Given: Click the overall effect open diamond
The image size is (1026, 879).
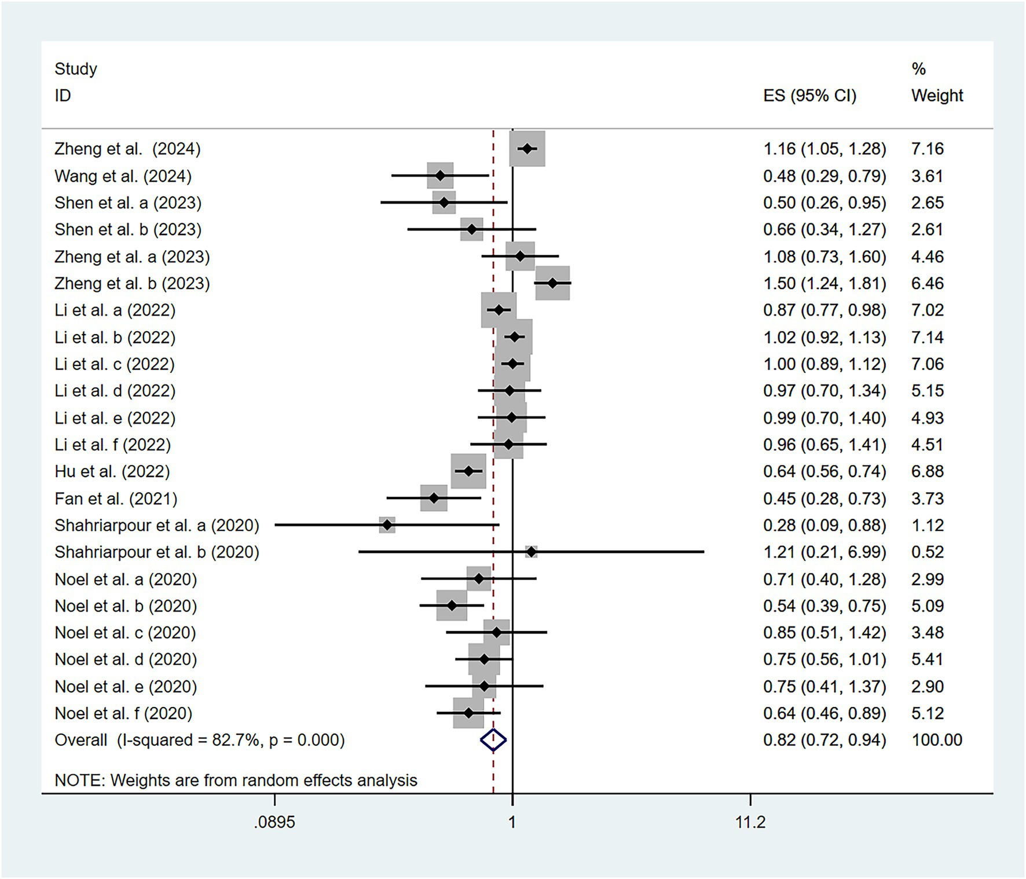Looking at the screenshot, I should pos(493,740).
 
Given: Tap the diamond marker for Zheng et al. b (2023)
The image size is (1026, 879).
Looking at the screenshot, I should pos(552,283).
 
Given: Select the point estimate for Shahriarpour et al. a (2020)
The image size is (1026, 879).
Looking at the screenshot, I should pos(387,525).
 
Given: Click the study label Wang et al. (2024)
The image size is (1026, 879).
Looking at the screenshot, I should pos(123,176).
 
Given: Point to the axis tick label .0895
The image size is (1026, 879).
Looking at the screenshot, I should pos(274,822).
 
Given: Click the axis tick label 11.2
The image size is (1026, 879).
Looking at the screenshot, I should pos(750,822).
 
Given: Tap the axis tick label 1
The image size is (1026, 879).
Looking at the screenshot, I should pos(512,822).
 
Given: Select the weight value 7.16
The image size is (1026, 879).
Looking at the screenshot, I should pos(927,149).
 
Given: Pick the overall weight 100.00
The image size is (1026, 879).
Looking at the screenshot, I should pos(936,740).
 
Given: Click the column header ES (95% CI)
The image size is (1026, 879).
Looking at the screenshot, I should pos(809,96).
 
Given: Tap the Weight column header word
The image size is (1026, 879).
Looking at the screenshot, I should pos(937,96).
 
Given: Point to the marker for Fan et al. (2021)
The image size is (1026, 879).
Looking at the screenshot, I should pos(434,499).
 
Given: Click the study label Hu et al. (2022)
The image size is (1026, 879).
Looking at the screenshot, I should pos(112,471).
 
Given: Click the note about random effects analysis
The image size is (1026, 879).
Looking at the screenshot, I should pos(236,780).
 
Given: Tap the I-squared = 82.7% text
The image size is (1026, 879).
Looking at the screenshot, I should pos(189,740).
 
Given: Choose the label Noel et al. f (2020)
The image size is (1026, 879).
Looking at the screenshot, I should pos(123,713).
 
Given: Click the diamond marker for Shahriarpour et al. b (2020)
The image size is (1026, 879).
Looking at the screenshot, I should pos(531,552).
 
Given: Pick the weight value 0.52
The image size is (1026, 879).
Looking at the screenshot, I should pos(927,552).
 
